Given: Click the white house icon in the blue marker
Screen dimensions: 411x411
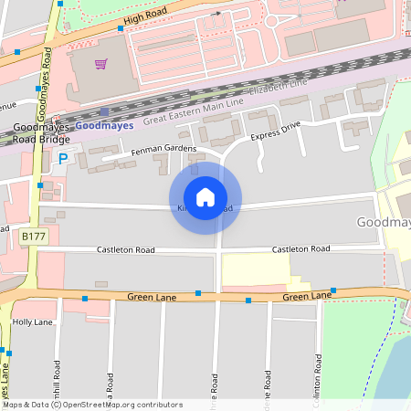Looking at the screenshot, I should [205, 197].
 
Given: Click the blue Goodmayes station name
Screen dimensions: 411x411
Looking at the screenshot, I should [104, 125].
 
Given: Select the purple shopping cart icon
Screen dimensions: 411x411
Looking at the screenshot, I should [100, 64].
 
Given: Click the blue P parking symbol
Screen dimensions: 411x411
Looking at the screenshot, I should [63, 159].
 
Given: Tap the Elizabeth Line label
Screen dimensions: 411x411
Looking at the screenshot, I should [279, 87].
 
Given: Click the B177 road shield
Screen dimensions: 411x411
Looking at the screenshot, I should [33, 237].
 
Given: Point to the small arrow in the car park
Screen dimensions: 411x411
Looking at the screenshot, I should [216, 14].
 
